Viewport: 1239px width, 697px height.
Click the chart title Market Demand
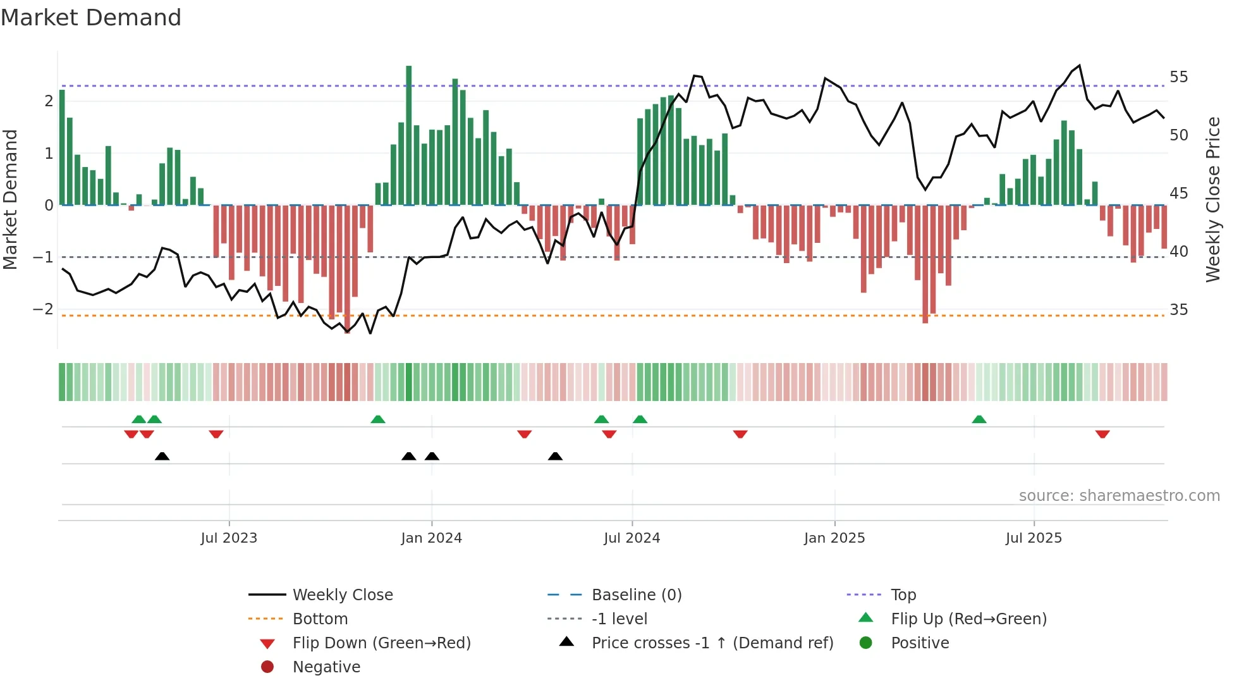[91, 18]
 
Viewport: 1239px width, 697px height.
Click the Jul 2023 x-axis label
[229, 538]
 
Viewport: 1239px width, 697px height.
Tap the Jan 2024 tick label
[431, 538]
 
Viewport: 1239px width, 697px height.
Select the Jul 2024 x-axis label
[632, 538]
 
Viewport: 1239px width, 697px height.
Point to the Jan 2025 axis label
[834, 538]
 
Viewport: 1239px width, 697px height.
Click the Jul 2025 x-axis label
[1034, 538]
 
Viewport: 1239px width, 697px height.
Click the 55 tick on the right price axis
[1178, 77]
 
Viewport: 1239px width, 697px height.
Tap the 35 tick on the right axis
[1178, 310]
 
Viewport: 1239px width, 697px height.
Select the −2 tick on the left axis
[43, 309]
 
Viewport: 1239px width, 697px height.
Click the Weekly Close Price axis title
[1212, 199]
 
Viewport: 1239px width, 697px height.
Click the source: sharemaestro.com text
[1119, 496]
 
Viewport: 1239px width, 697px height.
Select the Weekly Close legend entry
[342, 595]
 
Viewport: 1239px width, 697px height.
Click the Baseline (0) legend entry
[636, 595]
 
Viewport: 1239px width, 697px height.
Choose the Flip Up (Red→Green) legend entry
[968, 619]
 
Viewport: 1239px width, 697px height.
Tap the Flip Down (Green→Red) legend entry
[381, 643]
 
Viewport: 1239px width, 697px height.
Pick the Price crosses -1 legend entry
[712, 643]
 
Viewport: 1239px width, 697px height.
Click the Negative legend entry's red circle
[267, 667]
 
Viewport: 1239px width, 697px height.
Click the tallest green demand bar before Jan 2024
[409, 135]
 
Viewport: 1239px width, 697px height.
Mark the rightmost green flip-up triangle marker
[979, 419]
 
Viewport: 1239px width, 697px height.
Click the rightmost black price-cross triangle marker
[555, 456]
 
